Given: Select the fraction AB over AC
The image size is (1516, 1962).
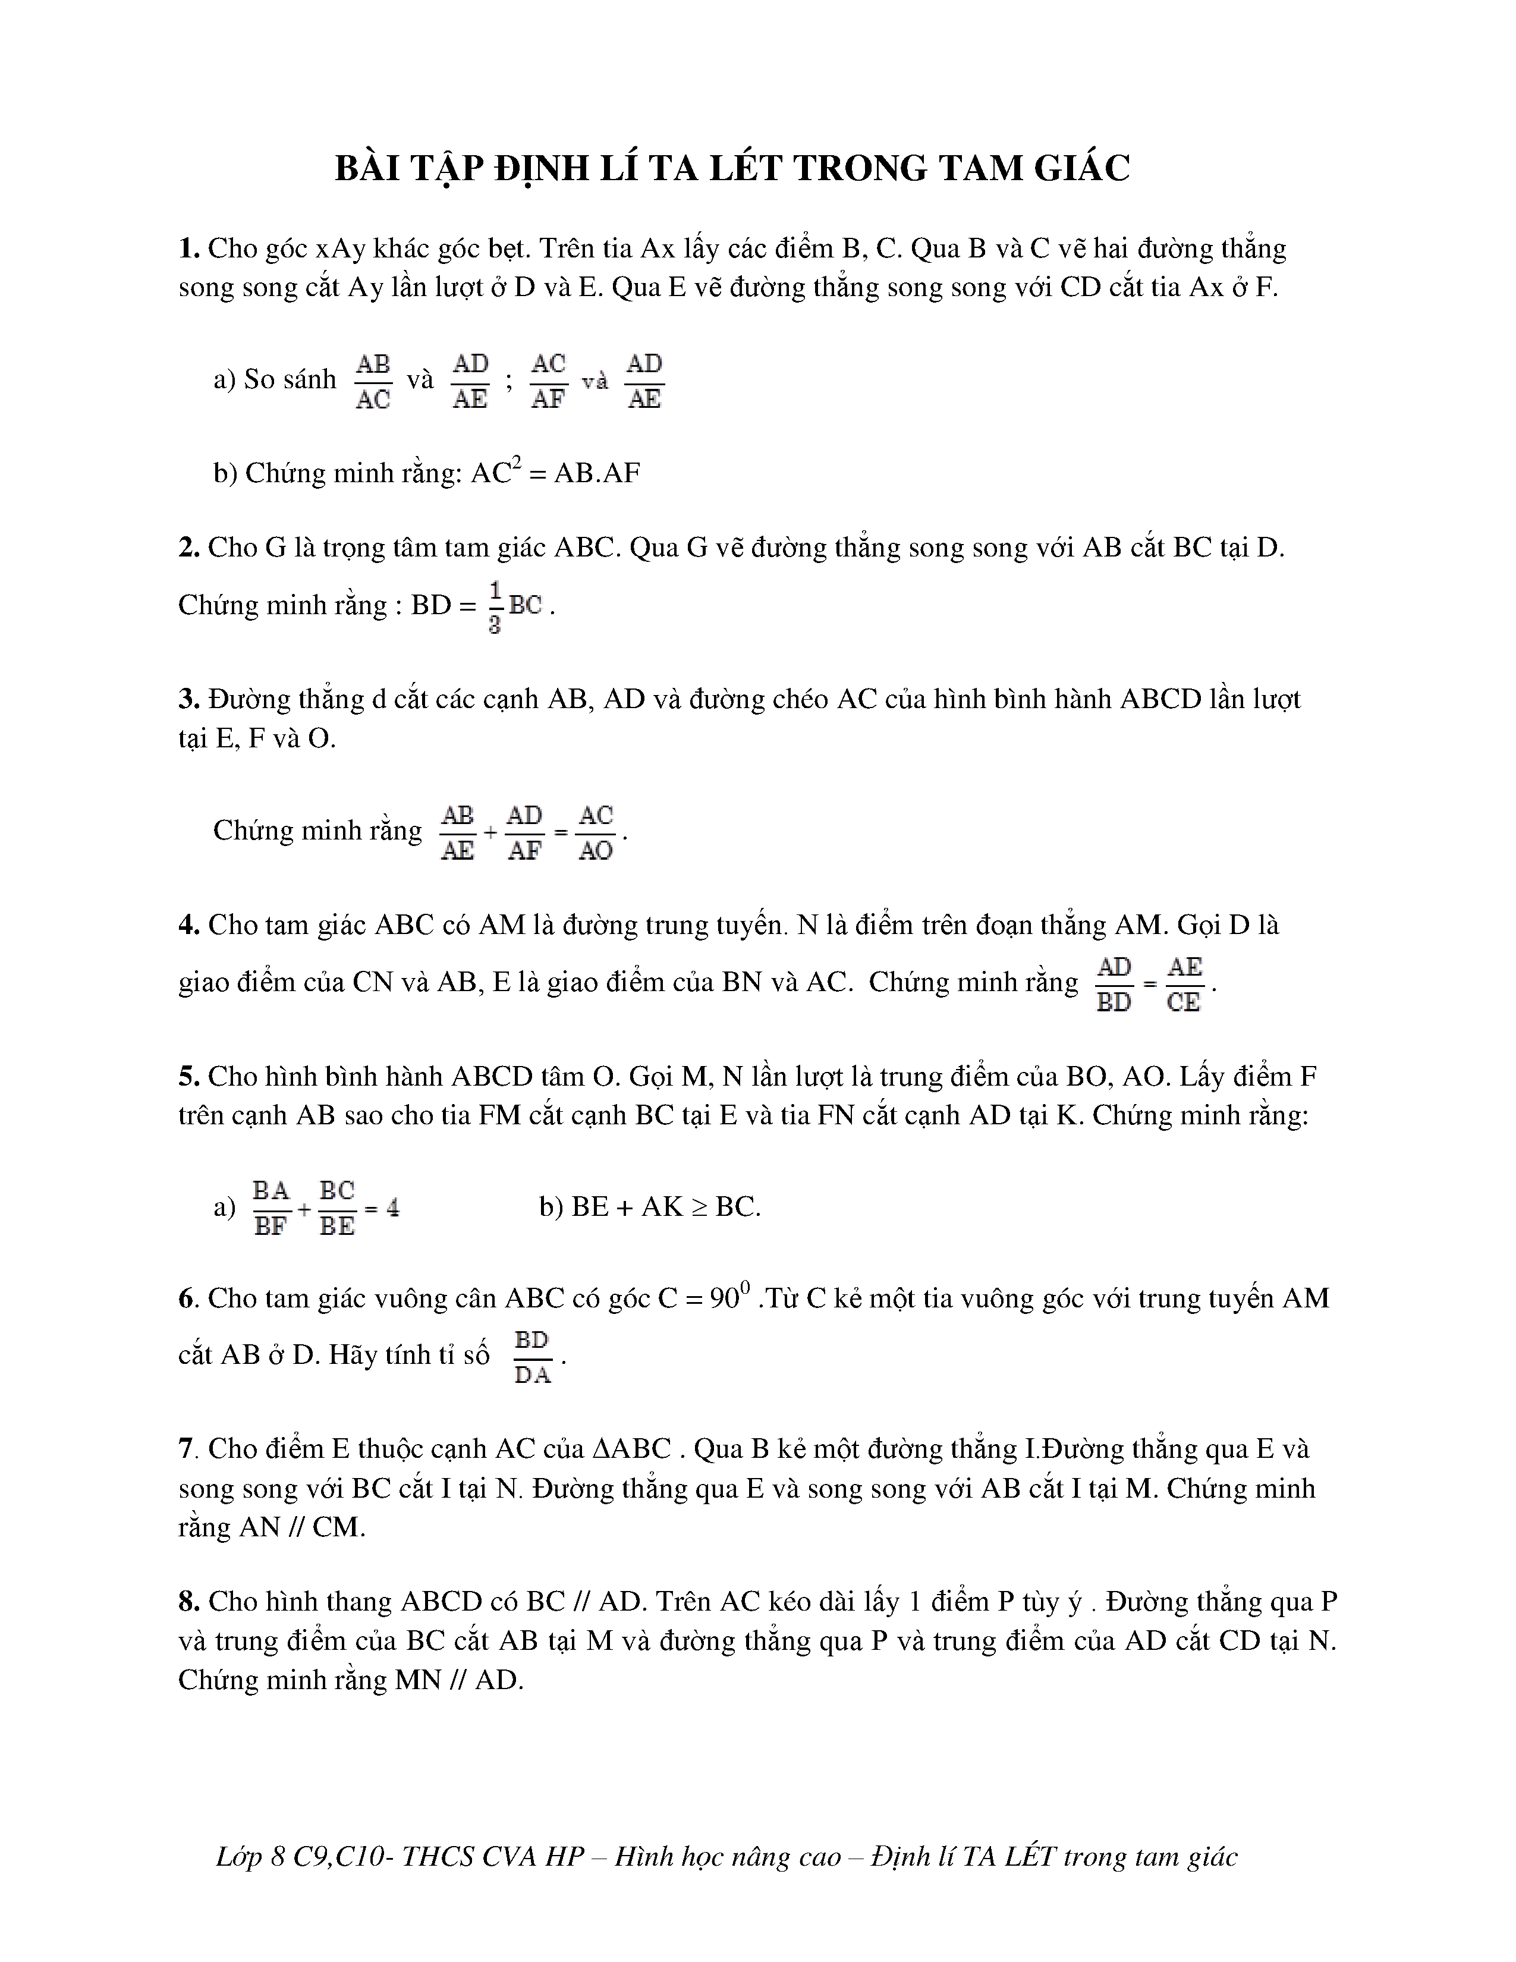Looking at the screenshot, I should coord(373,381).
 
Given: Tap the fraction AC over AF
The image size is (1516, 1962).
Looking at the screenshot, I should coord(548,381).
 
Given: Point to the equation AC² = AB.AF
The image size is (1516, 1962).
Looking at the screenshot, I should coord(555,473).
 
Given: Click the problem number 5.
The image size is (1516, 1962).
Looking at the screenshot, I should coord(188,1076).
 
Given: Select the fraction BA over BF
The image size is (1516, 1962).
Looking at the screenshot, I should coord(271,1208).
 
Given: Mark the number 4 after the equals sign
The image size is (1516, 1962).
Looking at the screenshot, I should coord(392,1208).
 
